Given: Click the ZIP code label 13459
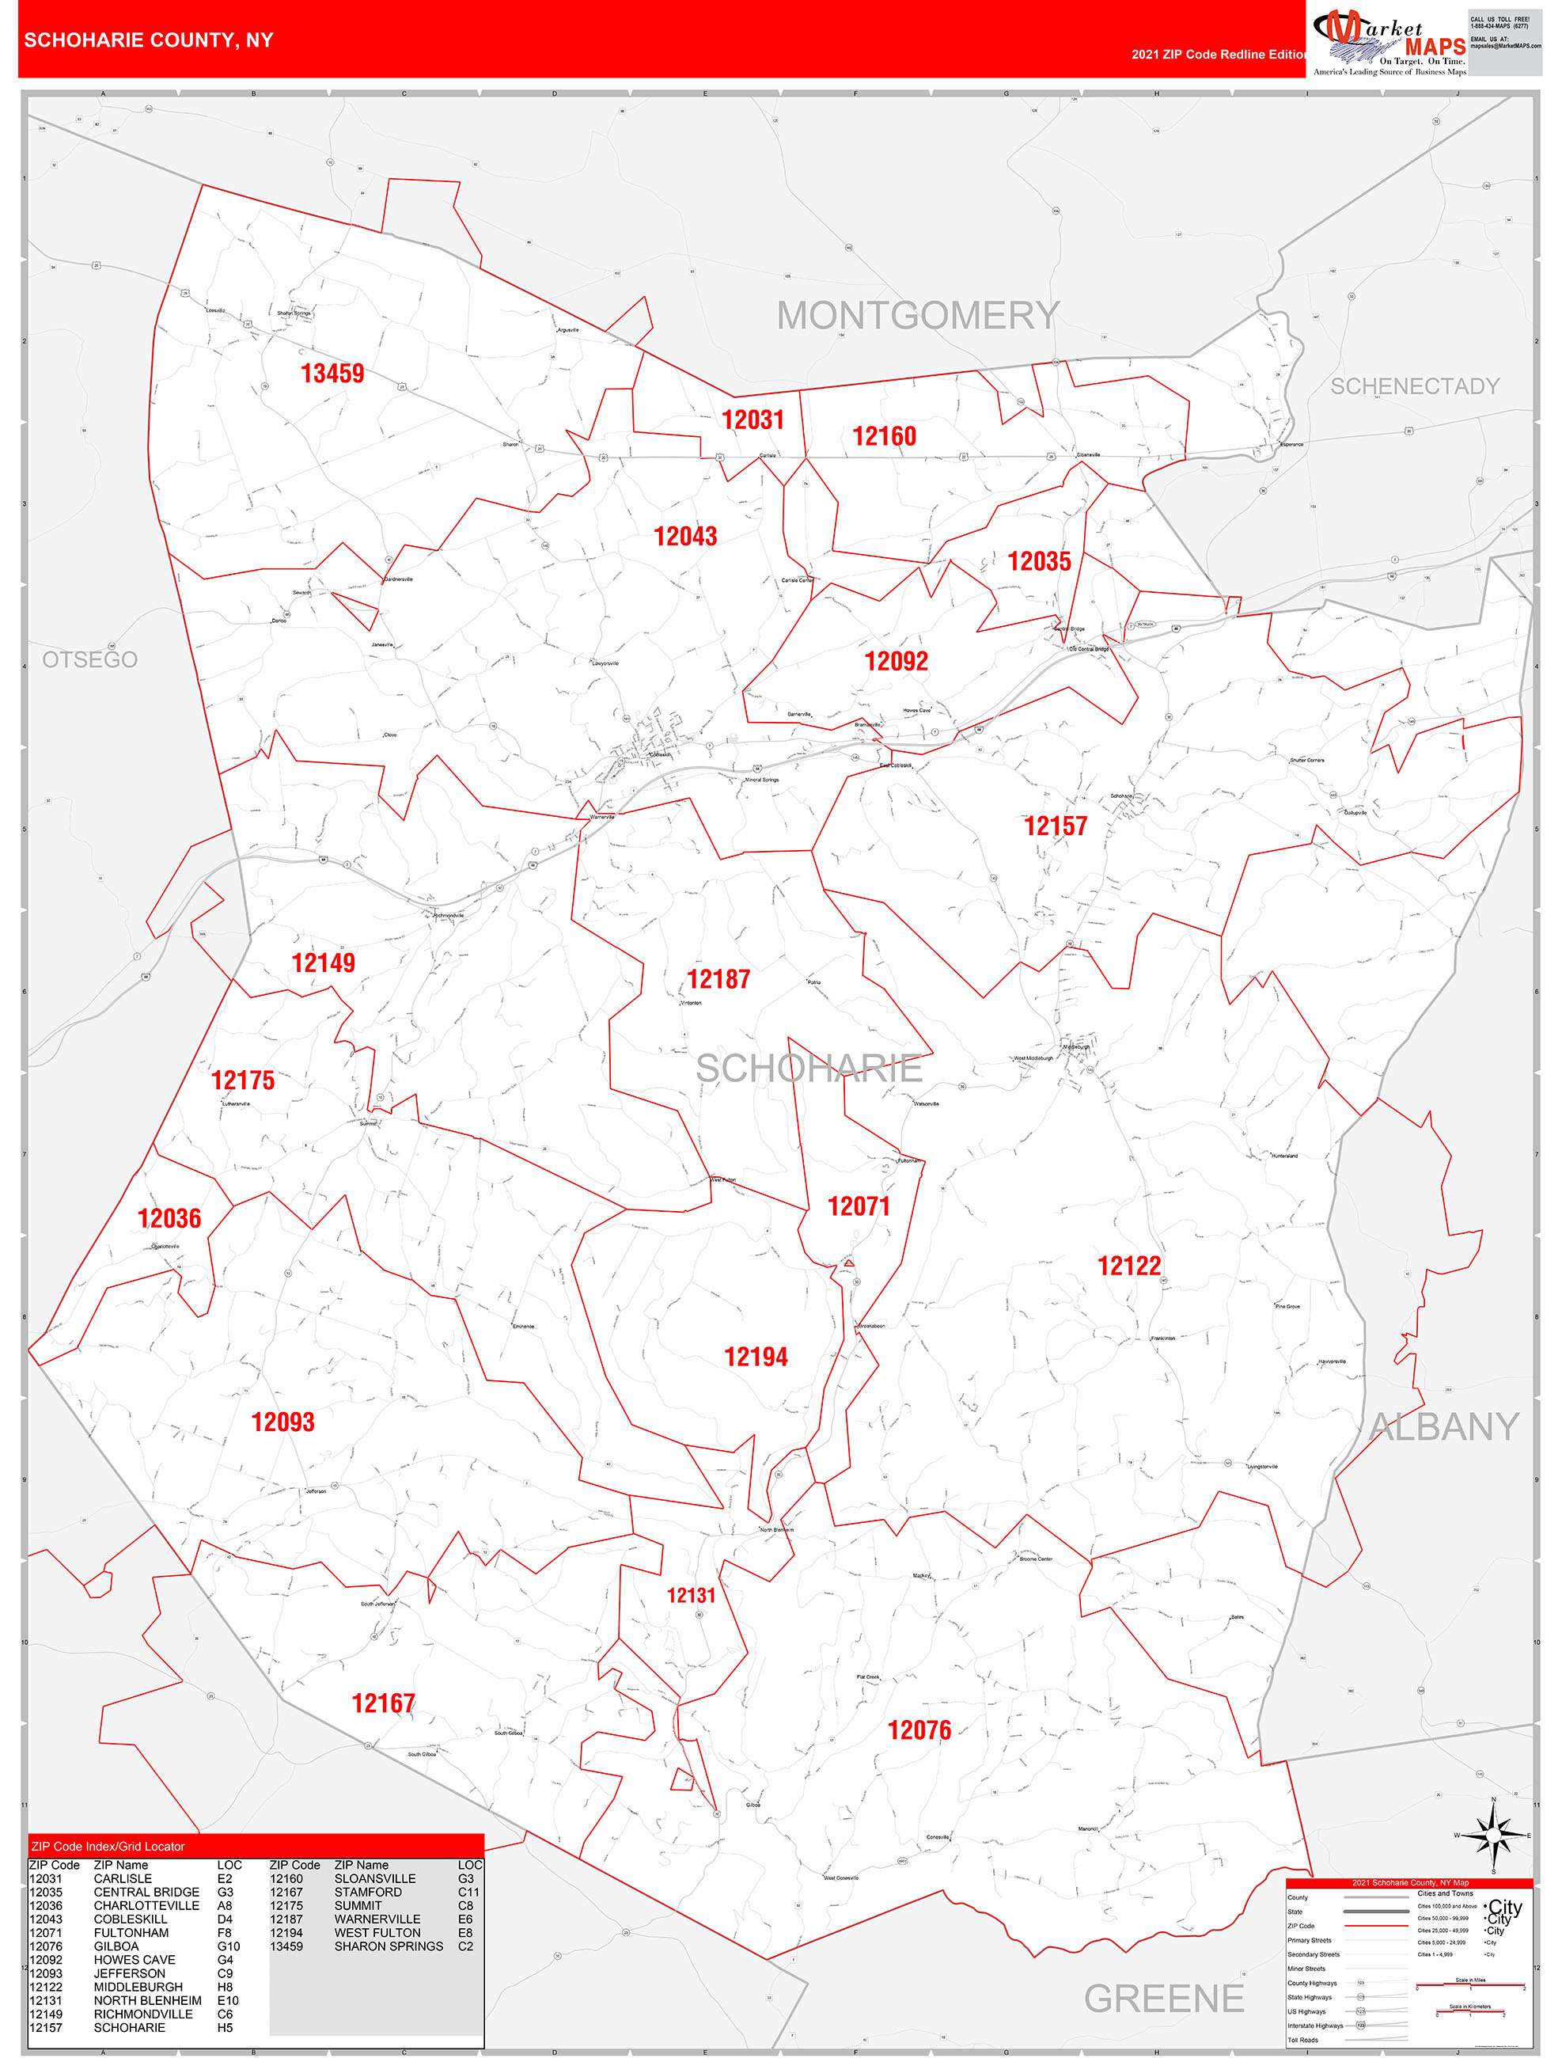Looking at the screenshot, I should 332,374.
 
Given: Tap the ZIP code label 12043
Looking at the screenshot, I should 684,537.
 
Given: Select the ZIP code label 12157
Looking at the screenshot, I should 1055,826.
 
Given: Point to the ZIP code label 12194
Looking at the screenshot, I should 756,1357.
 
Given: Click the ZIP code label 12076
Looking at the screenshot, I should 919,1730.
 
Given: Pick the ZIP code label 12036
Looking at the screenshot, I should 169,1219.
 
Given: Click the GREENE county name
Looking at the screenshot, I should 1163,1999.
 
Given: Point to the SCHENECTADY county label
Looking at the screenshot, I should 1414,386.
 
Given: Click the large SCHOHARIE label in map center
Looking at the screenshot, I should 809,1069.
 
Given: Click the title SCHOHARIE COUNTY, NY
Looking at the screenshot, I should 149,40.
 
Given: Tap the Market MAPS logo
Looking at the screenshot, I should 1389,42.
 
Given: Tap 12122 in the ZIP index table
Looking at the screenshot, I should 46,1988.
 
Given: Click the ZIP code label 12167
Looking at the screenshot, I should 382,1704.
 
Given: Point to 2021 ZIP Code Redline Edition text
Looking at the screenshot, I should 1219,55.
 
